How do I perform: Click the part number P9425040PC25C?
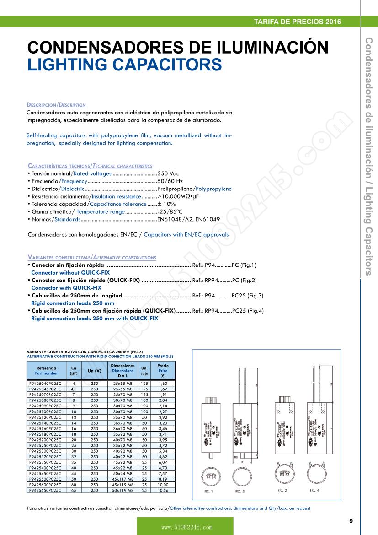[x=45, y=383]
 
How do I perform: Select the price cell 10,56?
[x=163, y=490]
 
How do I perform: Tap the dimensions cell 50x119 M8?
[x=122, y=490]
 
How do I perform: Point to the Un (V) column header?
[x=94, y=370]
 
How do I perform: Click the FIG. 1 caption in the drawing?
[x=208, y=491]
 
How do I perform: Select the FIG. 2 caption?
[x=282, y=490]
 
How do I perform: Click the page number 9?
[x=351, y=521]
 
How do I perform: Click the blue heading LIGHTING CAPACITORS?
[x=124, y=65]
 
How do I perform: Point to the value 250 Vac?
[x=168, y=174]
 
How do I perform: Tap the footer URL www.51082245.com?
[x=185, y=527]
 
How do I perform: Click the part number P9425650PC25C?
[x=45, y=490]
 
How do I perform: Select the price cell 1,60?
[x=163, y=383]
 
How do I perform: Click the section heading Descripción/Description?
[x=56, y=105]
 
